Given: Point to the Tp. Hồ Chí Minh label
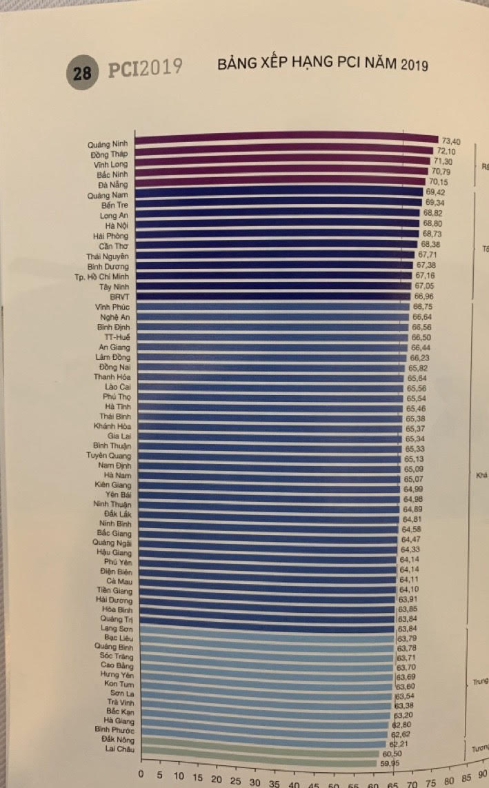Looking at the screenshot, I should pos(101,276).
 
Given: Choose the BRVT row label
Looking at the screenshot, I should pos(119,296).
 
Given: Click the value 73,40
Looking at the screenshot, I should pos(450,141).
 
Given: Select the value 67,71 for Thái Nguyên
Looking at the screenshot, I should pos(428,254).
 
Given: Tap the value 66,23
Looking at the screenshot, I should pos(420,358).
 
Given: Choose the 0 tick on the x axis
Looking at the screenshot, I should pos(141,774).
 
